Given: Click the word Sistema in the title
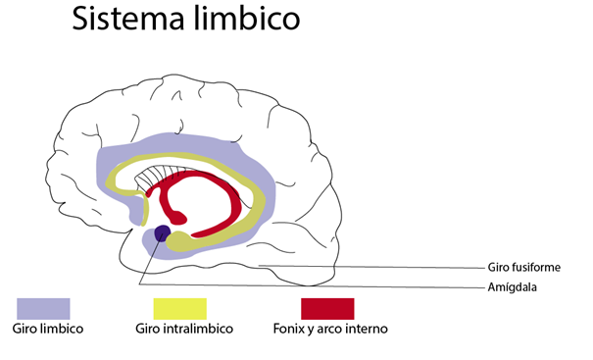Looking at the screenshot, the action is click(x=128, y=19).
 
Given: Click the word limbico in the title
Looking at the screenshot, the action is click(x=247, y=18).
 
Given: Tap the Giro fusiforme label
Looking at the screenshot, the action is click(x=523, y=267).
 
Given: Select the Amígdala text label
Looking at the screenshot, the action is click(x=512, y=287).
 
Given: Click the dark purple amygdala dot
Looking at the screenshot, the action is click(x=163, y=233).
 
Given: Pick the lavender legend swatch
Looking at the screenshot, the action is click(x=43, y=309).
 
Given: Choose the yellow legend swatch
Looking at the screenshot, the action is click(x=180, y=309).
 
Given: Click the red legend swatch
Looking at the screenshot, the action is click(x=327, y=309).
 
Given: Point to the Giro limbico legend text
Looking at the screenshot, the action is click(x=48, y=329).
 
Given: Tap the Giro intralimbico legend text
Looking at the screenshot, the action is click(x=184, y=329).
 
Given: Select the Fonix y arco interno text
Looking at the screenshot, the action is click(x=330, y=329).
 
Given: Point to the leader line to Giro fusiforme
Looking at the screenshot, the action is click(x=372, y=267).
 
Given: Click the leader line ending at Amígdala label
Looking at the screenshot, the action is click(x=314, y=285).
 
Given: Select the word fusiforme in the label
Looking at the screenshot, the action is click(x=536, y=267).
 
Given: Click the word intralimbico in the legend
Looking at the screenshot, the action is click(x=198, y=329).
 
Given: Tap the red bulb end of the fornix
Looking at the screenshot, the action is click(x=178, y=218).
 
